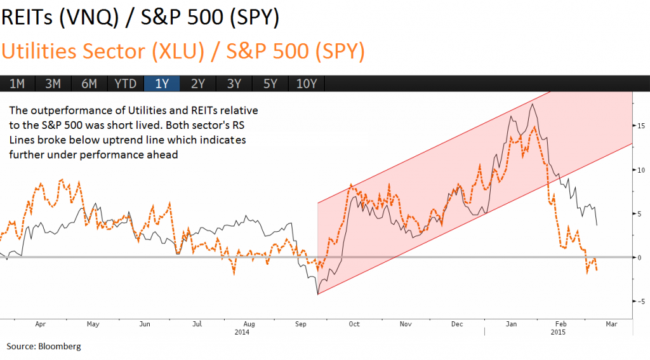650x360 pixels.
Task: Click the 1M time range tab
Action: pos(17,83)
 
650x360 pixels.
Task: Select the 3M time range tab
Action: pos(53,83)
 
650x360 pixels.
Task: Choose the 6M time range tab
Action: pos(89,83)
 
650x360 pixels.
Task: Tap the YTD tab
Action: pos(125,83)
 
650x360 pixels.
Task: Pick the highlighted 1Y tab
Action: pos(162,83)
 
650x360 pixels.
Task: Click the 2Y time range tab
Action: pos(198,83)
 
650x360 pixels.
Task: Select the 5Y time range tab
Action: pos(270,83)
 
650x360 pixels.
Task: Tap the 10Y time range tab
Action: pos(307,83)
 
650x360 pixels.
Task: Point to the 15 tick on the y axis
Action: pos(641,126)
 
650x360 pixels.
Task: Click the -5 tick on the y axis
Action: pos(641,301)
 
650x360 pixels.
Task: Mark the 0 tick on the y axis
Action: pos(640,257)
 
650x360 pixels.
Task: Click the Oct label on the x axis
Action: pos(354,324)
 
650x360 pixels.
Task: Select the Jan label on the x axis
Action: pos(510,324)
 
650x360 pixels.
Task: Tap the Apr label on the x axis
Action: pos(41,324)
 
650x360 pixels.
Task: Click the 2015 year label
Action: pos(558,332)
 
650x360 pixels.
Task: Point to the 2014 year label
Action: pos(242,332)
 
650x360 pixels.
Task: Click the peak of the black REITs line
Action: pos(531,103)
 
